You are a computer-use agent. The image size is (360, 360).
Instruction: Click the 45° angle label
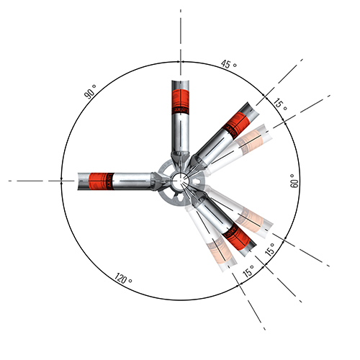(228, 66)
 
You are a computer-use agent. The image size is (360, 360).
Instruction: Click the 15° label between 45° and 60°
(281, 104)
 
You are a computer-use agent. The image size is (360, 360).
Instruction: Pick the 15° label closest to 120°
(248, 272)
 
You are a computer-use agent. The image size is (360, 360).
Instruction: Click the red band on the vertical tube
(180, 102)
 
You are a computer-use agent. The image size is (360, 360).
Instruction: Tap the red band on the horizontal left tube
(102, 179)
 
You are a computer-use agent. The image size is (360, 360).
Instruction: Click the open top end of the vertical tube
(180, 81)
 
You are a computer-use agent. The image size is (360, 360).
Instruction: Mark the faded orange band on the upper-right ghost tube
(250, 138)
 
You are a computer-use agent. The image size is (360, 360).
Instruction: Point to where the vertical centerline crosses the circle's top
(180, 63)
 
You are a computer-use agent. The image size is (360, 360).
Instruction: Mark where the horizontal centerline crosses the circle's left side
(63, 180)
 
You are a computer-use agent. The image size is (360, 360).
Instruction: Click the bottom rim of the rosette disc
(178, 204)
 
